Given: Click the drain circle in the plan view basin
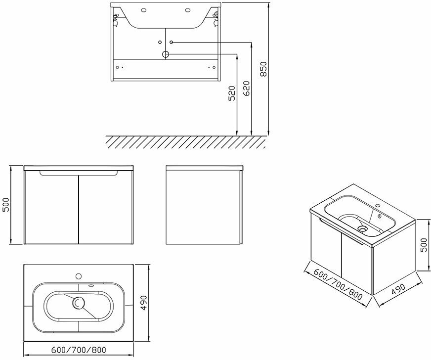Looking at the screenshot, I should [78, 303].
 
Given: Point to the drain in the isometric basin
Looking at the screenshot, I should [363, 229].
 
